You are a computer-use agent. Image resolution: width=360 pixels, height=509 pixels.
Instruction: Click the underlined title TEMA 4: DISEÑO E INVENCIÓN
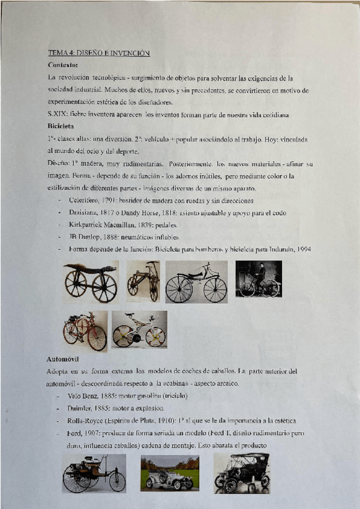pos(98,53)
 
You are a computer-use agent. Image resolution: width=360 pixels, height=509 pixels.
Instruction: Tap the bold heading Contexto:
pos(62,65)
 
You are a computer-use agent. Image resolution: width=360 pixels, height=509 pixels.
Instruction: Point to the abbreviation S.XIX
pos(57,115)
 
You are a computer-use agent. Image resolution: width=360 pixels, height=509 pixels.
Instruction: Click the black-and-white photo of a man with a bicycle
pos(258,279)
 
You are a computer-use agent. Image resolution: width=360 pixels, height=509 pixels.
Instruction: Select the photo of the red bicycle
pos(85,331)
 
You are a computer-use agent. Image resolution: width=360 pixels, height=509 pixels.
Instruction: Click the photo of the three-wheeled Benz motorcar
pos(94,474)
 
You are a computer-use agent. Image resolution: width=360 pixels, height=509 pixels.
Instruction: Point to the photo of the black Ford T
pos(242,473)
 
